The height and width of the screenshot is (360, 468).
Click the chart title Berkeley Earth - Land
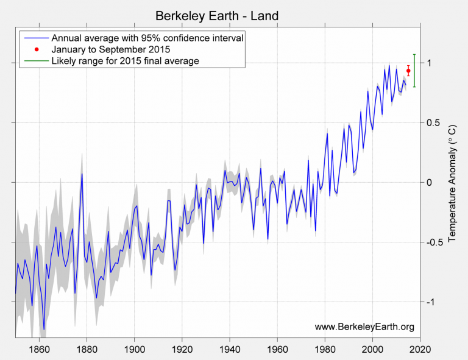tap(217, 15)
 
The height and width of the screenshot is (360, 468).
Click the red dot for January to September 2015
tap(408, 71)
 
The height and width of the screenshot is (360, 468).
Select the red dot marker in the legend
tap(37, 49)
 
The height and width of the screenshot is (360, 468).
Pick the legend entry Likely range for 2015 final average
tap(126, 61)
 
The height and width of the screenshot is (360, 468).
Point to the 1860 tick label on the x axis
tap(39, 350)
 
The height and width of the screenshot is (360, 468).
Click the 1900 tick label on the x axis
tap(134, 350)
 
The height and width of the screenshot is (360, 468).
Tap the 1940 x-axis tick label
tap(230, 350)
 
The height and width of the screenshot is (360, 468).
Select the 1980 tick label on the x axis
tap(325, 350)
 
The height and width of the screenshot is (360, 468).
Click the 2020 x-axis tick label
tap(420, 350)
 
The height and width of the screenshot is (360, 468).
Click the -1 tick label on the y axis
tap(431, 303)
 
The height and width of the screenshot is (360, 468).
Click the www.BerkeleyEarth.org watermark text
tap(364, 327)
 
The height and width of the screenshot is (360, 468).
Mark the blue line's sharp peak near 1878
tap(82, 174)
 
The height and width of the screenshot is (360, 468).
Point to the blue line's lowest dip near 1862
tap(44, 329)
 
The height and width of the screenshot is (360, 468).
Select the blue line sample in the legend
tap(37, 38)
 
